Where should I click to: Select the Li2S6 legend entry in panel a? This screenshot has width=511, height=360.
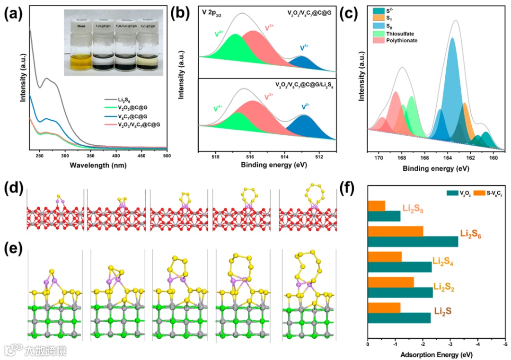(x=125, y=101)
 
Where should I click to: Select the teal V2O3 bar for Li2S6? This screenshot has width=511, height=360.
(x=413, y=241)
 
